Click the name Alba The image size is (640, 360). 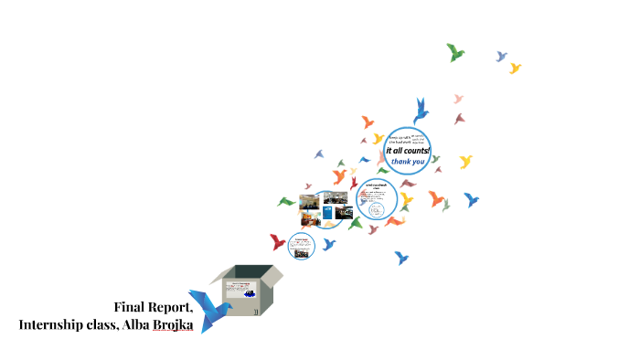[136, 324]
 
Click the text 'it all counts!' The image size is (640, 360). [407, 150]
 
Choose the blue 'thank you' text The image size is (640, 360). [408, 162]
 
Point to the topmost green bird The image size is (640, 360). [455, 52]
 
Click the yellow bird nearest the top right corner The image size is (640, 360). [515, 68]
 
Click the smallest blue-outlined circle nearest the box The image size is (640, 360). [301, 245]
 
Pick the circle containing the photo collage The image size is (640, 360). [323, 209]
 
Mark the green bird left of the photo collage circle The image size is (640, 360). [286, 202]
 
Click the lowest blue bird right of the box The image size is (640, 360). [400, 258]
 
